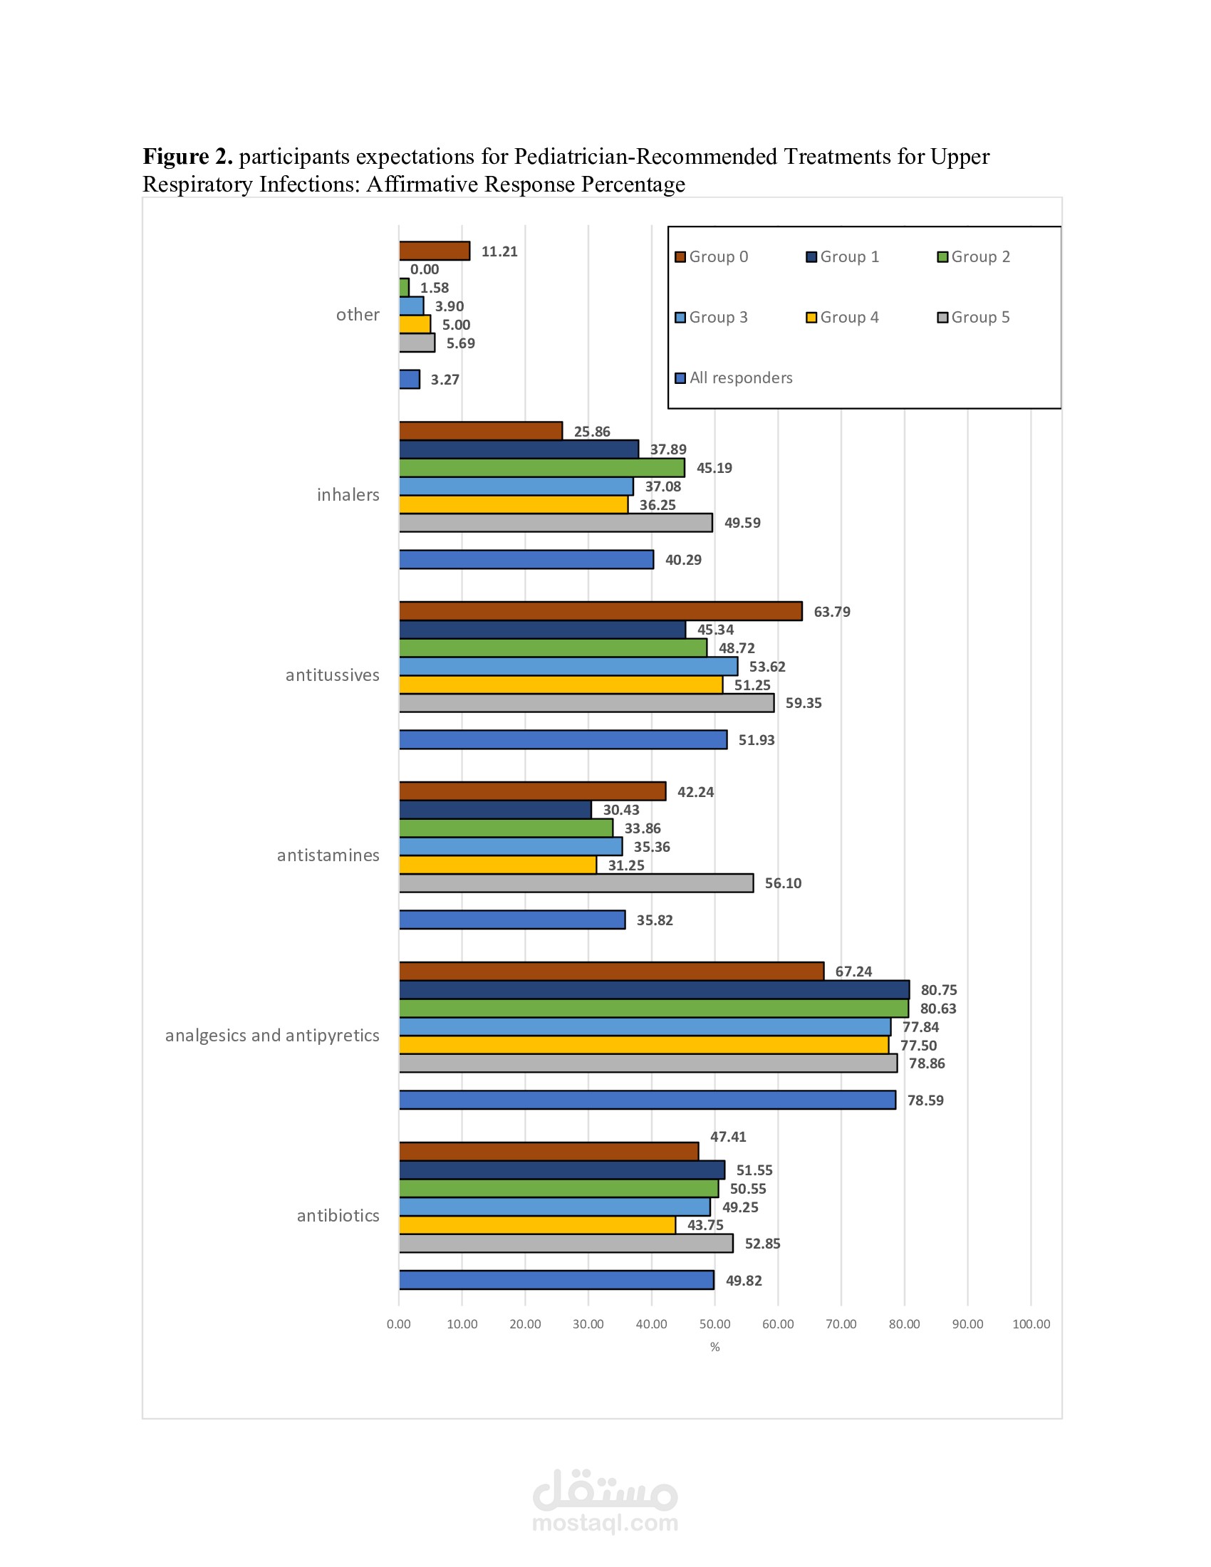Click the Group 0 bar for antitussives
pos(601,610)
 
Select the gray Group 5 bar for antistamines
pos(576,883)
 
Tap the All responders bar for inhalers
pos(526,559)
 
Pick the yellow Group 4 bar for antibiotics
pos(537,1225)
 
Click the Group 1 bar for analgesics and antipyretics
pos(654,989)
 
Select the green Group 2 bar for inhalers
pos(541,468)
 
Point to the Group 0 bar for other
pos(434,251)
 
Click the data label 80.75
pos(938,990)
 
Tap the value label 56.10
pos(783,883)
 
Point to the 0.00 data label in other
pos(425,269)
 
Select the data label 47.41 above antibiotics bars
pos(728,1137)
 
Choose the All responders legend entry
pos(734,378)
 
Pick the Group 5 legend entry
pos(974,317)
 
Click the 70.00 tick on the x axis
pos(841,1324)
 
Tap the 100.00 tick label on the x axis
pos(1031,1324)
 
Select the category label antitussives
pos(332,675)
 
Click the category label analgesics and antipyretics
pos(272,1036)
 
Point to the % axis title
pos(714,1347)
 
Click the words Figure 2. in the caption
pos(187,156)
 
